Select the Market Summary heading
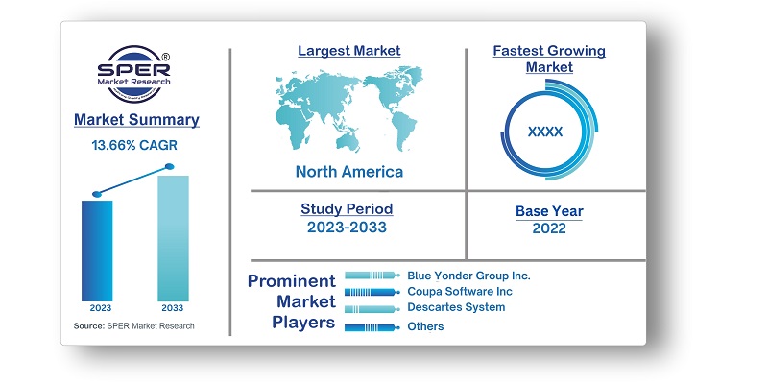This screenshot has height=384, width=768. [x=136, y=120]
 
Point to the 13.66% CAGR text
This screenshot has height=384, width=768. [x=134, y=145]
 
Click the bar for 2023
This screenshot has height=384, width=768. [x=97, y=251]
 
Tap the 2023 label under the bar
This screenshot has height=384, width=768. [x=97, y=309]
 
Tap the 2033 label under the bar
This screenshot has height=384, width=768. [x=173, y=309]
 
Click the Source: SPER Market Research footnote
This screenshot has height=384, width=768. [x=133, y=326]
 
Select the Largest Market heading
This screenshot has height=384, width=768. [x=348, y=51]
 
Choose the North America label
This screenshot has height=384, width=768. [x=348, y=173]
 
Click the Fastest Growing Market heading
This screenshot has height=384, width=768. [x=548, y=59]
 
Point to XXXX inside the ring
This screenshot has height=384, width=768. [x=545, y=132]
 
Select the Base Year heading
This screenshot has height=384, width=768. [x=548, y=211]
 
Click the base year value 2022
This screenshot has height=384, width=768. [x=548, y=228]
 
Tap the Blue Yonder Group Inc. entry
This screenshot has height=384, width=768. [x=468, y=276]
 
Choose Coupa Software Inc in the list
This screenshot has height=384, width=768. [x=459, y=291]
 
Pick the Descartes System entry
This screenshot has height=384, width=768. [x=456, y=307]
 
